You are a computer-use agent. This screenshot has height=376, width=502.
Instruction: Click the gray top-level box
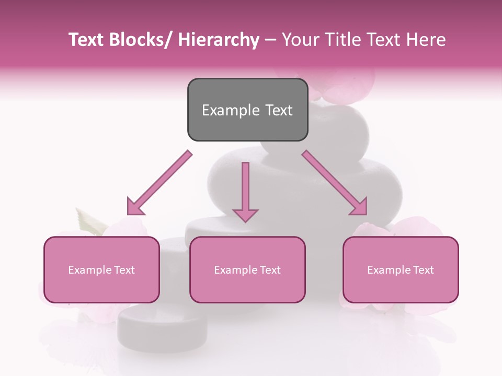pos(247,110)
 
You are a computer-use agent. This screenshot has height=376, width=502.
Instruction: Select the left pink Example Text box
pos(101,269)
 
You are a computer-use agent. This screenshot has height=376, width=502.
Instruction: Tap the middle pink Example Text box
pos(247,269)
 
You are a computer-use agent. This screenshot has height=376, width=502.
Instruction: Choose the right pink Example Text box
pos(401,269)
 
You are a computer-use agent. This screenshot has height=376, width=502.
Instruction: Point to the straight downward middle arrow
pos(245,191)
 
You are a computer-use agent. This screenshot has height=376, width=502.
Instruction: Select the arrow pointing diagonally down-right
pos(335,183)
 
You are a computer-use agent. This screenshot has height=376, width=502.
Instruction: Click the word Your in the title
pos(299,40)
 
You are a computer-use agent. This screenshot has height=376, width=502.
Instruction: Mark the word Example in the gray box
pos(230,110)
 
